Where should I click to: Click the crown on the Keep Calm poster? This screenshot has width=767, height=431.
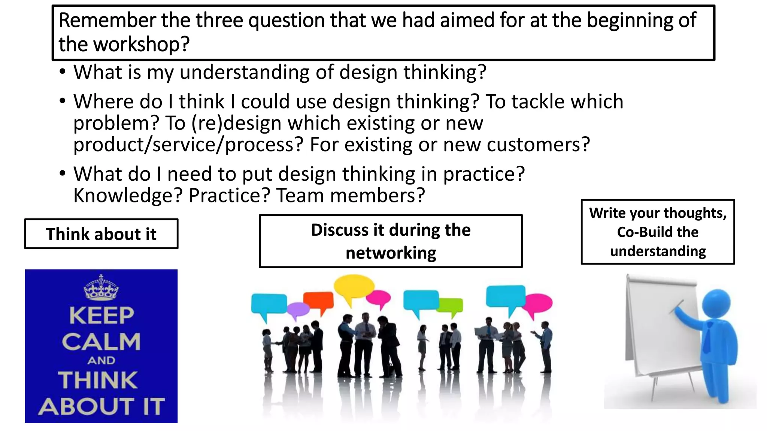101,288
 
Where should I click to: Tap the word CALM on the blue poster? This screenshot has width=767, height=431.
101,342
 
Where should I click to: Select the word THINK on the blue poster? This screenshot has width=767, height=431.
98,380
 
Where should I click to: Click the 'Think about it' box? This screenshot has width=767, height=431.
101,234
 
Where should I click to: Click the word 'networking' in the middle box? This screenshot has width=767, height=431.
391,253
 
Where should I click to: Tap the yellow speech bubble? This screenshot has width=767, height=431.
353,287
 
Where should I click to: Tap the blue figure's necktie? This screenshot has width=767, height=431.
707,337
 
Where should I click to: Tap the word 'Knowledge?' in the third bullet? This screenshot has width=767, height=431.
128,195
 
